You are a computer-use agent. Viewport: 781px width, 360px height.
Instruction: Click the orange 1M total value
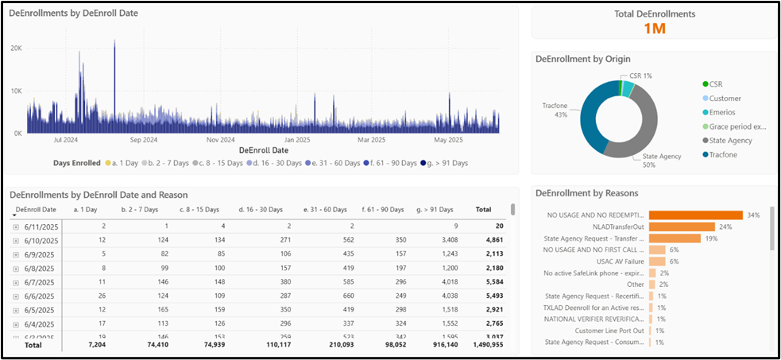point(654,29)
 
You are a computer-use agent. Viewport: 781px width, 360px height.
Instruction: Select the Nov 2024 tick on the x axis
point(221,140)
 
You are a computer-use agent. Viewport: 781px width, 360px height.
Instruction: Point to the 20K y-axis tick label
point(16,48)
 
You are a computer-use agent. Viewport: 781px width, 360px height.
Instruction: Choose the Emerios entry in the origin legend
point(724,112)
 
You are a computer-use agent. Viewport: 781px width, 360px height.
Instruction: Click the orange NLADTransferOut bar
point(682,226)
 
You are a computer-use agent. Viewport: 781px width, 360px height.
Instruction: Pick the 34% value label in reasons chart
point(753,215)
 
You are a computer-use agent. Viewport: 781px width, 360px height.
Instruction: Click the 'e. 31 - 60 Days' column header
point(325,210)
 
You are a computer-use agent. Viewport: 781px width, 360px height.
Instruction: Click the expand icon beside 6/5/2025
point(16,309)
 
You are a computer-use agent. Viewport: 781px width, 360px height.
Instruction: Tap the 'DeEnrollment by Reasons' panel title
point(587,193)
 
